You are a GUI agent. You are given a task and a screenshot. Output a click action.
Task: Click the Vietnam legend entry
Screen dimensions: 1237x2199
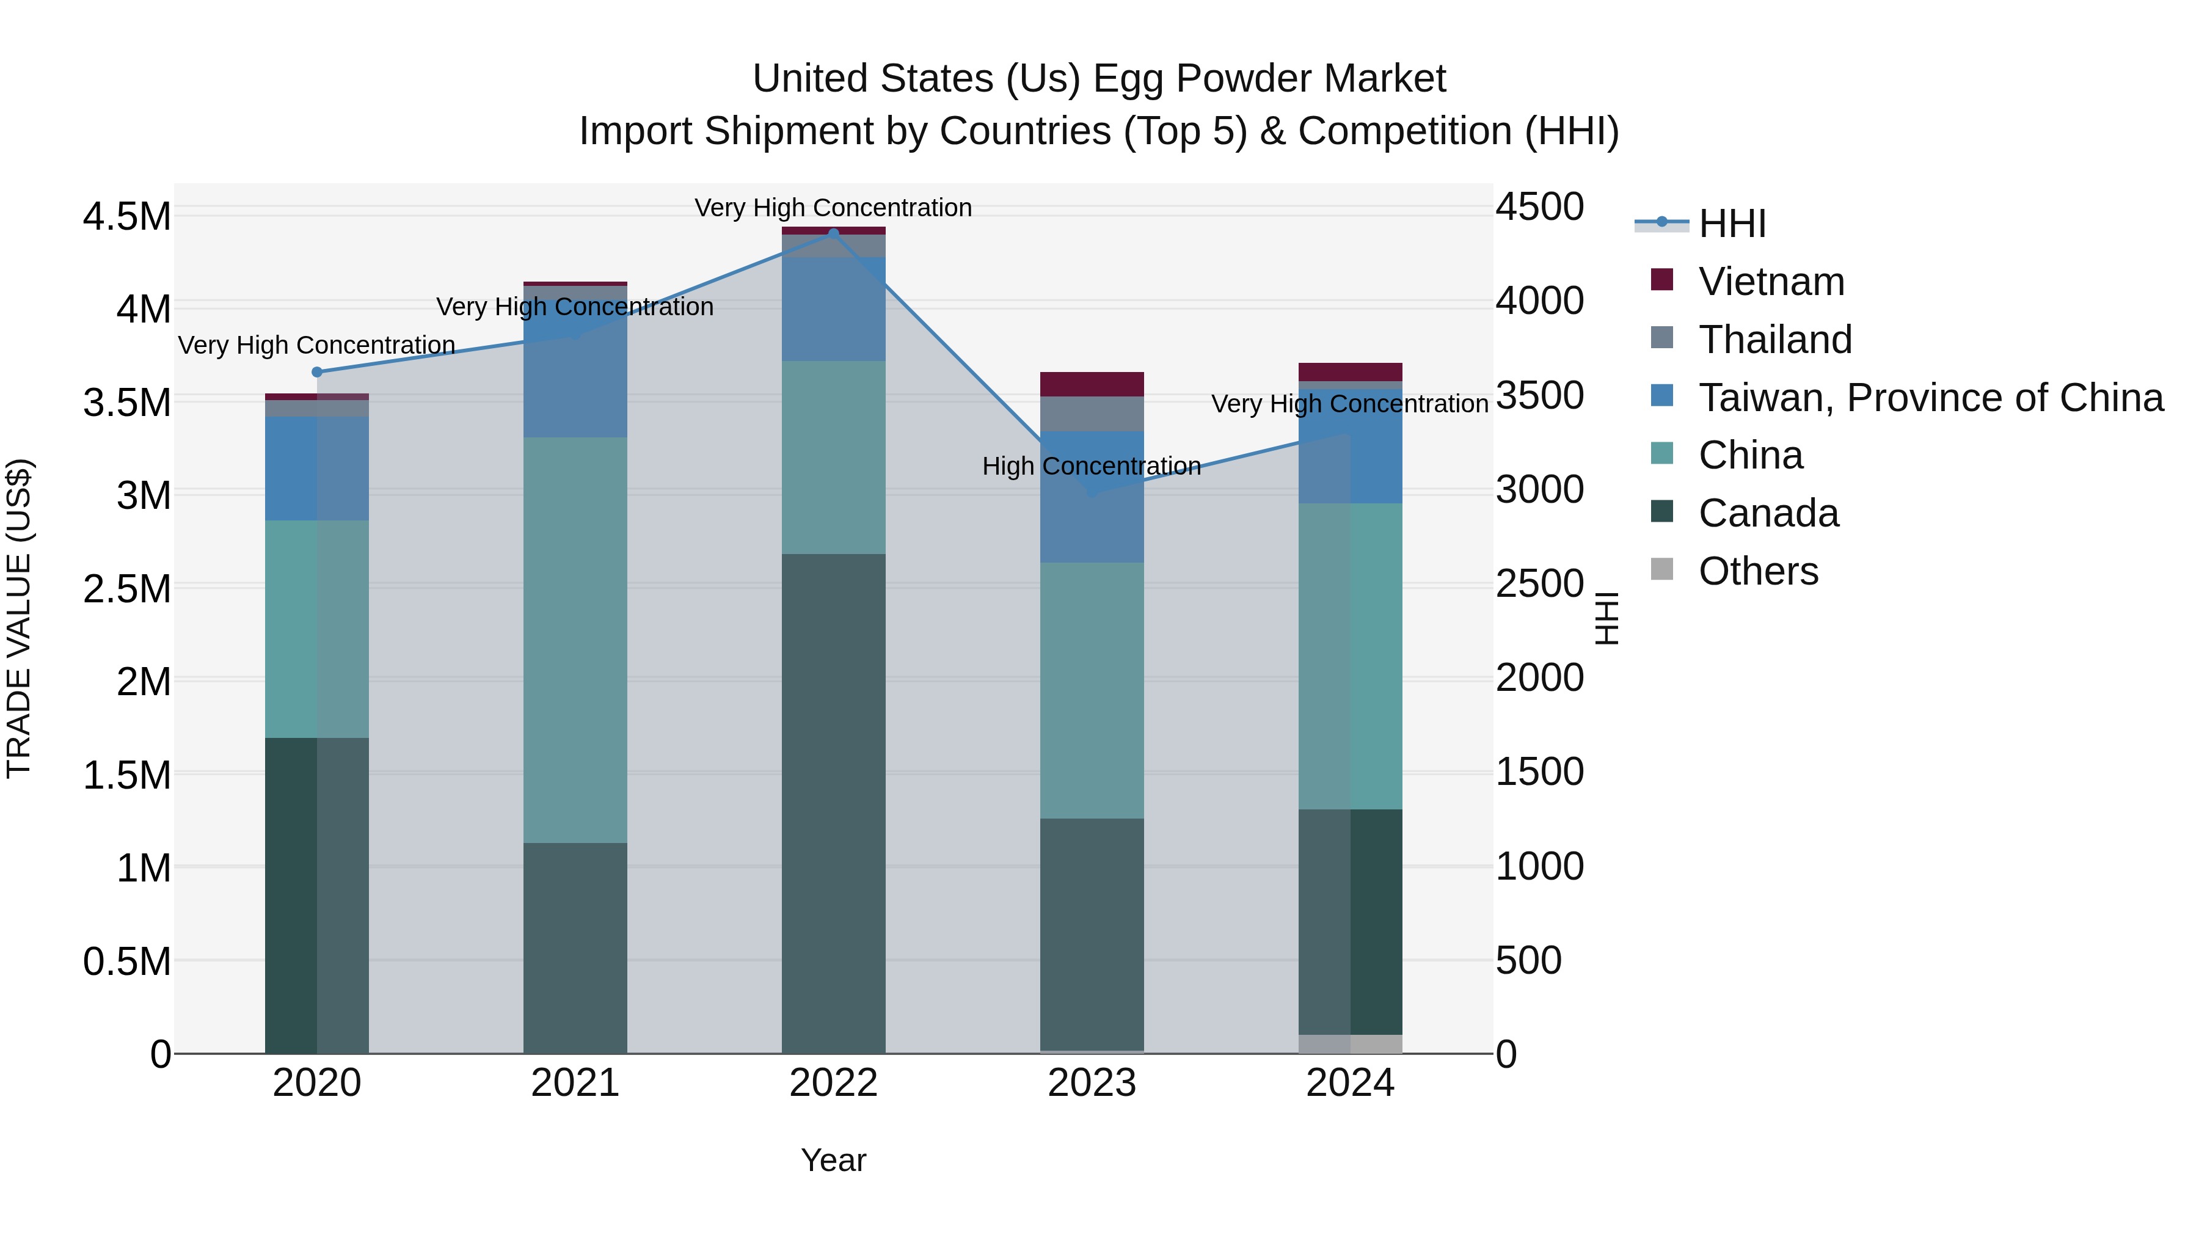1770,282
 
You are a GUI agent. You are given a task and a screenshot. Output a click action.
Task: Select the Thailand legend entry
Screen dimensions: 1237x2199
1774,340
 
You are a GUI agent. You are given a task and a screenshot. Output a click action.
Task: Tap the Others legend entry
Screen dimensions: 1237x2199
1757,571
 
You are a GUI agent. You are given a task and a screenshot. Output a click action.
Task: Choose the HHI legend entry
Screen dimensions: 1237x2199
1731,224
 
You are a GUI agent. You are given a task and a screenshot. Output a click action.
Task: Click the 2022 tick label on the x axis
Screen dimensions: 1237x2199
833,1083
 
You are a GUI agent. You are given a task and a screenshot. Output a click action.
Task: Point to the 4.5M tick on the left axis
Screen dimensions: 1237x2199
126,216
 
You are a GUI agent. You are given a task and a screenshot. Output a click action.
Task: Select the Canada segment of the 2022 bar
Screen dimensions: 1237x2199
833,803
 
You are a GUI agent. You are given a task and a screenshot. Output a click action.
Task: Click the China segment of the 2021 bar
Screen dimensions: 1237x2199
575,640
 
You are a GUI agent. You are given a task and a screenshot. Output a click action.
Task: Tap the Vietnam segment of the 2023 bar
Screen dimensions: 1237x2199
1092,384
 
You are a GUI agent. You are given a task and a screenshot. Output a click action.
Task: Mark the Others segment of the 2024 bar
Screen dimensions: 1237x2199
1349,1044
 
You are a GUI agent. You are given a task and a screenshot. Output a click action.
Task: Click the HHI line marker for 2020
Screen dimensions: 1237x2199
316,372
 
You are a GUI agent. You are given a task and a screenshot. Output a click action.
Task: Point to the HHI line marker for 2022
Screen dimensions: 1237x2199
833,233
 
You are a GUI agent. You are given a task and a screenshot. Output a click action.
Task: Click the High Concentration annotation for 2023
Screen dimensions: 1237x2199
1091,466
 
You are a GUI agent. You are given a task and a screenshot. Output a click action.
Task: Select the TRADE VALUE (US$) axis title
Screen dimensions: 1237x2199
19,618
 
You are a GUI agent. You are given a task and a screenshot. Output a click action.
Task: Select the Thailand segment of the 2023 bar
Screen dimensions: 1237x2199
1092,414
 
